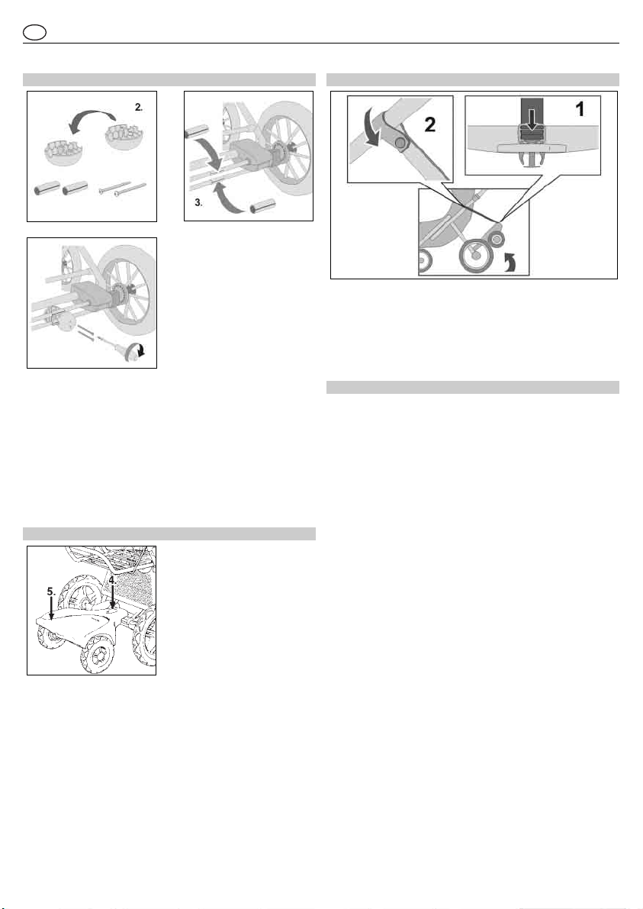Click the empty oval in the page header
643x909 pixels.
point(35,33)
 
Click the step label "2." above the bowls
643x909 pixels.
point(139,107)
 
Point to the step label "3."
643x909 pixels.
point(198,203)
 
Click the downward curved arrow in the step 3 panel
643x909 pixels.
point(208,150)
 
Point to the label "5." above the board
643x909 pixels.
point(52,592)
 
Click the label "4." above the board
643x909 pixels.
point(112,579)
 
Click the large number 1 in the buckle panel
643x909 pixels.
point(579,108)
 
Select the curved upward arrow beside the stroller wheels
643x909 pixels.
point(510,263)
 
